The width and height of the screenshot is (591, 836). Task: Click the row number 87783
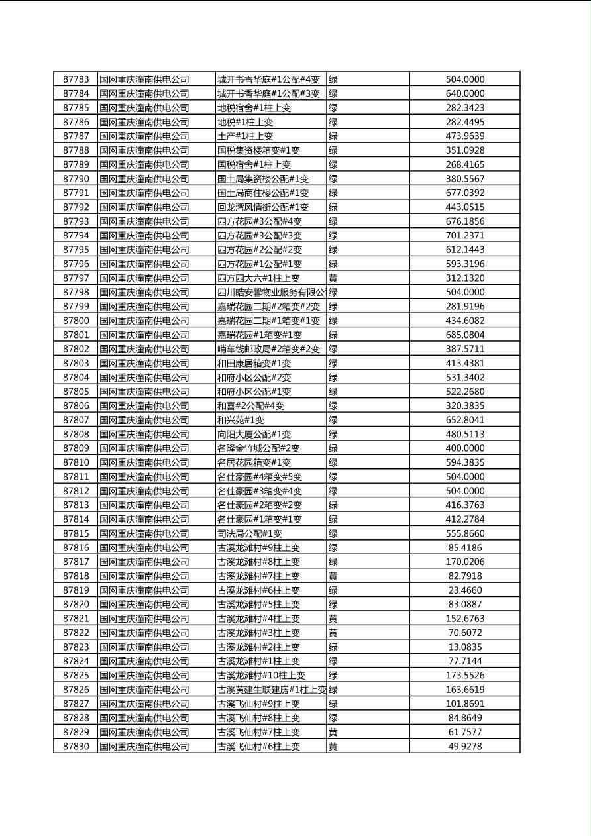click(x=76, y=79)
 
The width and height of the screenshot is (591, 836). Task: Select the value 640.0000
click(x=464, y=94)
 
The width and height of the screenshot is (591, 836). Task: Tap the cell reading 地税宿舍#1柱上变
click(x=254, y=108)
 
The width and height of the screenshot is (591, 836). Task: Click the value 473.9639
click(x=464, y=136)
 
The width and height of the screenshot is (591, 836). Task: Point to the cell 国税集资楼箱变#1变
click(x=258, y=150)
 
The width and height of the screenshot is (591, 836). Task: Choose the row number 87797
click(x=76, y=278)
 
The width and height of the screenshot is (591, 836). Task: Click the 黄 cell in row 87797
click(x=333, y=278)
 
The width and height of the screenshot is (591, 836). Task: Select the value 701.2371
click(x=464, y=236)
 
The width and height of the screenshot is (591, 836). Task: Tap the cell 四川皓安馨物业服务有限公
click(x=271, y=292)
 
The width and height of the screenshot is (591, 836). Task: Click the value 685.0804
click(x=464, y=335)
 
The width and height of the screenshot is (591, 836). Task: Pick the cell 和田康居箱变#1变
click(x=254, y=364)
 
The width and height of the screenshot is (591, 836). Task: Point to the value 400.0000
click(x=464, y=448)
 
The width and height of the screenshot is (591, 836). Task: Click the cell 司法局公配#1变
click(x=249, y=533)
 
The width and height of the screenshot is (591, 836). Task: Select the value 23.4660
click(x=464, y=590)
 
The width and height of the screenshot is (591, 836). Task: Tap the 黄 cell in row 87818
click(x=333, y=576)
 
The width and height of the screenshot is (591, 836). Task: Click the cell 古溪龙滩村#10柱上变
click(x=261, y=676)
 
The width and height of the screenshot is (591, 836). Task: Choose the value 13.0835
click(x=464, y=647)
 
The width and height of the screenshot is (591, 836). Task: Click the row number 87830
click(x=76, y=747)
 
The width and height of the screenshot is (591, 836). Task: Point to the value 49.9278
click(x=464, y=747)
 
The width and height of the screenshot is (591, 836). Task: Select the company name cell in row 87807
click(x=144, y=420)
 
